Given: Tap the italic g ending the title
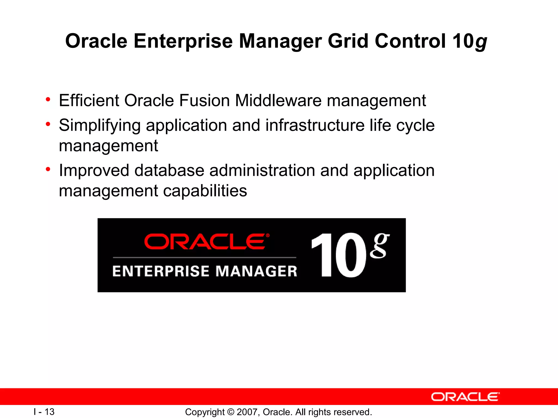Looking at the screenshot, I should click(x=481, y=43).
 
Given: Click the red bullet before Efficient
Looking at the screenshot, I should click(x=48, y=100).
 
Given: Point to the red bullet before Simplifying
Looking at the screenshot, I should click(x=48, y=124).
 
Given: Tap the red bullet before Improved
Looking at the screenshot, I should click(x=48, y=170).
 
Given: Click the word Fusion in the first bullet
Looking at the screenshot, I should click(x=204, y=100).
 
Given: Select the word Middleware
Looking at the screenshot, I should click(x=278, y=100).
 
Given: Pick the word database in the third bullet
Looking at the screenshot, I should click(x=169, y=171).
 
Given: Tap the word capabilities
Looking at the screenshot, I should click(x=205, y=191).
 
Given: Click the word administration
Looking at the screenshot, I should click(x=262, y=171).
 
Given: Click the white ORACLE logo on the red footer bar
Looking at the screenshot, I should click(x=465, y=397).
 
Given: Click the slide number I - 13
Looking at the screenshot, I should click(x=44, y=412).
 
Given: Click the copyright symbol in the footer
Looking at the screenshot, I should click(x=231, y=412).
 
